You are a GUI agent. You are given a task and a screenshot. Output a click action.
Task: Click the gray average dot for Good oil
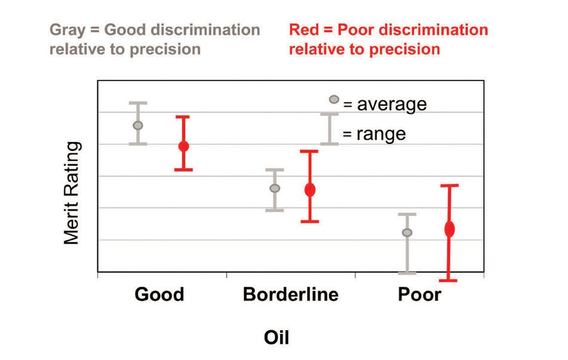[138, 125]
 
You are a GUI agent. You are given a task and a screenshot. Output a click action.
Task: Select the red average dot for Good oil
[183, 146]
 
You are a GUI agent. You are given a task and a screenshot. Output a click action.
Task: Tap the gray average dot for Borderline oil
[275, 188]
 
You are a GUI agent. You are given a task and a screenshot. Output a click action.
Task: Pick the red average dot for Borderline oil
[310, 189]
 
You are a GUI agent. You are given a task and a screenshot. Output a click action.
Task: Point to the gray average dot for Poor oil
[407, 232]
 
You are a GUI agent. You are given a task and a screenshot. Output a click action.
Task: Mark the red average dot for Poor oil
[450, 229]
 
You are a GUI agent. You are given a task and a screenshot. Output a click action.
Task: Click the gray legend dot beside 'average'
[334, 99]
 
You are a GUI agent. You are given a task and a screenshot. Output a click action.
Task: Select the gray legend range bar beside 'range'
[329, 129]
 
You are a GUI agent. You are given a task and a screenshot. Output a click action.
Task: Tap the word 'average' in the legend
[392, 104]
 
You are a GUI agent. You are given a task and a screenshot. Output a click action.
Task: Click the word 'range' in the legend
[381, 134]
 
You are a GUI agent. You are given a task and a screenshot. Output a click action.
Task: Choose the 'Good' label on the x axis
[159, 294]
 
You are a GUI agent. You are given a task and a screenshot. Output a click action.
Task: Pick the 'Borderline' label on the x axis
[290, 294]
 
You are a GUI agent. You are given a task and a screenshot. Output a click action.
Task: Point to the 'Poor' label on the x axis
[419, 294]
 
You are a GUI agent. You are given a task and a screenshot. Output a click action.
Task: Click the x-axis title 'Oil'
[277, 337]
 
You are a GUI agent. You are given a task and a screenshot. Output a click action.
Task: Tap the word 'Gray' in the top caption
[67, 30]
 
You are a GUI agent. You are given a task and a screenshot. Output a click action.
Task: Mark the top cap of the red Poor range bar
[450, 186]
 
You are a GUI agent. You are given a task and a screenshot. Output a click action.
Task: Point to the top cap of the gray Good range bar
[138, 103]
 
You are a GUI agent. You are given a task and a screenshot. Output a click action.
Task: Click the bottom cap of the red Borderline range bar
[310, 221]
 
